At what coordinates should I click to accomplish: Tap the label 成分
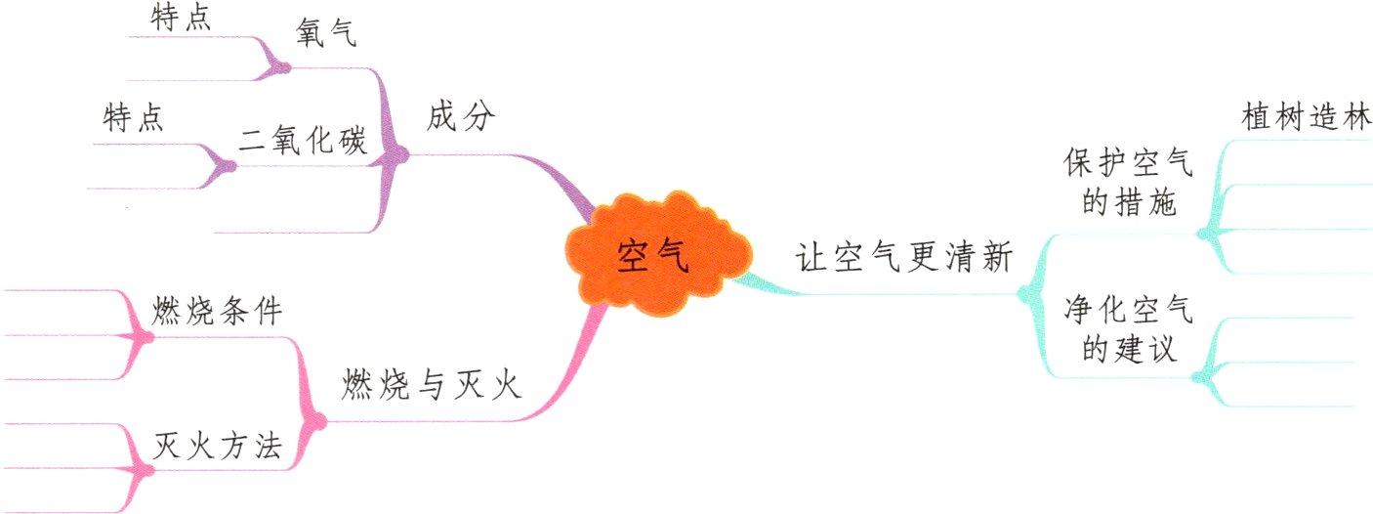point(462,119)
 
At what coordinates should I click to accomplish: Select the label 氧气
point(327,35)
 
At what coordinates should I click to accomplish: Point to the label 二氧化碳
point(303,143)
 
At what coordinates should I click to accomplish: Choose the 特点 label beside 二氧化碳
point(133,119)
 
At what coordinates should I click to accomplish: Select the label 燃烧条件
point(218,312)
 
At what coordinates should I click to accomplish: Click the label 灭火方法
point(218,447)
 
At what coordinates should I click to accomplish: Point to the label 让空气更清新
point(902,261)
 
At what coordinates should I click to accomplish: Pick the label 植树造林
point(1307,117)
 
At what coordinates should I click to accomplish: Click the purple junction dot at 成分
point(399,153)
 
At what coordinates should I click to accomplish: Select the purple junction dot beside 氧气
point(283,67)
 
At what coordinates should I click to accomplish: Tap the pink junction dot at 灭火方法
point(146,469)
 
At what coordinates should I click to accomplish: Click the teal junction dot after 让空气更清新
point(1023,291)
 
